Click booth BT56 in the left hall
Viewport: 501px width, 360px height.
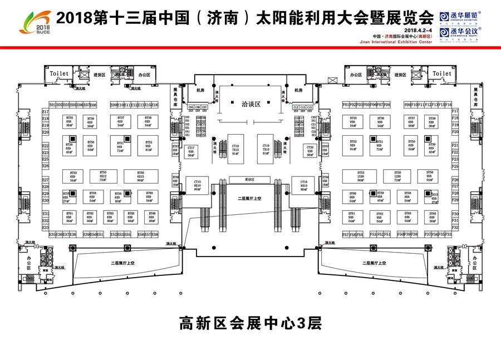point(140,176)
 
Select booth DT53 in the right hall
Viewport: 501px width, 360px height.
point(361,176)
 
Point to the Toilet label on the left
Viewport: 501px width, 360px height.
point(59,73)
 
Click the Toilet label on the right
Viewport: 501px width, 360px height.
point(442,73)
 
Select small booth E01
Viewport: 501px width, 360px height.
point(52,105)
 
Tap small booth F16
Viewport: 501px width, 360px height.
point(449,105)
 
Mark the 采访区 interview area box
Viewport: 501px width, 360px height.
point(249,180)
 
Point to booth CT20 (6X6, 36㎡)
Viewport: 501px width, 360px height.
point(310,150)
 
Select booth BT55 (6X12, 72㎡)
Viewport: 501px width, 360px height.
point(103,176)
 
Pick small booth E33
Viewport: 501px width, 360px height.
point(46,228)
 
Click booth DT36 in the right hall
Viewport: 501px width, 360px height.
point(380,121)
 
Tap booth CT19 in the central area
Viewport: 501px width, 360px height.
point(266,148)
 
